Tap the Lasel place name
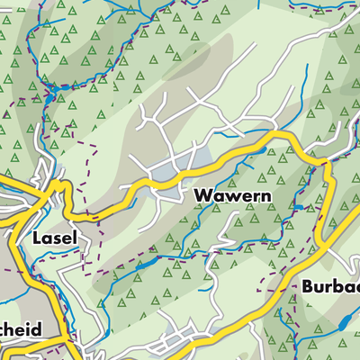point(55,238)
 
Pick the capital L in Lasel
point(36,238)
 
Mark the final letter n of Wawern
point(264,195)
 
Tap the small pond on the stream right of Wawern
point(300,208)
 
